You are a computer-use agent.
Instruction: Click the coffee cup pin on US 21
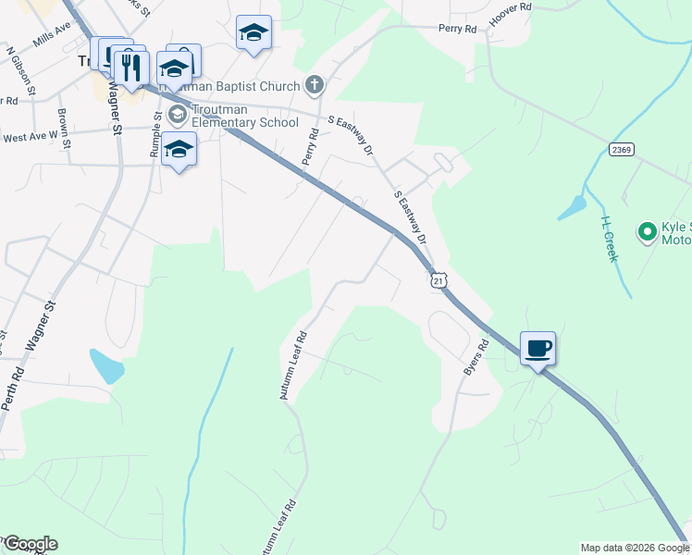coord(538,349)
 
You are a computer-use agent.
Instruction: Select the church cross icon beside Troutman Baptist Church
coord(315,86)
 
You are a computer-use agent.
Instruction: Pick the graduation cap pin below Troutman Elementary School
coord(179,149)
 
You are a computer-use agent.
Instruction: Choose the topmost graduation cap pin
coord(253,33)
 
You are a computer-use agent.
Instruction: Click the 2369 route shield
coord(621,150)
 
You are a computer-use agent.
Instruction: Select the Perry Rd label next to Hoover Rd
coord(458,29)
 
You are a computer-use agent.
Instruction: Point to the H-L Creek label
coord(608,239)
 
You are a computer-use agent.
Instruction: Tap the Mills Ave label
coord(51,34)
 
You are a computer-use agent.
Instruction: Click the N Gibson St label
coord(19,72)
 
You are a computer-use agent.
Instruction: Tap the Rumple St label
coord(156,135)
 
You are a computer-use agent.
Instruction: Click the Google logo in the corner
coord(30,544)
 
